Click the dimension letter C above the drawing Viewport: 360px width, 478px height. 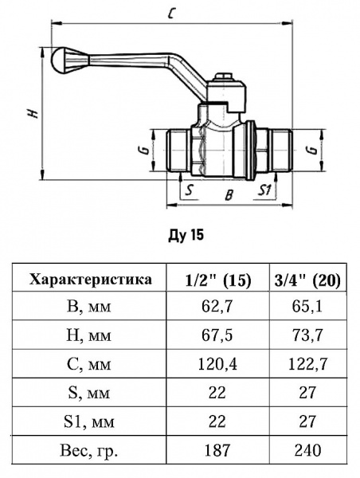pos(173,12)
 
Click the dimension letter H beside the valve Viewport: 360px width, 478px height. pos(33,112)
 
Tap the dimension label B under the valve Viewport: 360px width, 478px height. pos(228,193)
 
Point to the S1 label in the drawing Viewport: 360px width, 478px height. pos(267,190)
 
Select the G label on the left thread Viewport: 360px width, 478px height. pos(140,150)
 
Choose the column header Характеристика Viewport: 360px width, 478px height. pos(90,280)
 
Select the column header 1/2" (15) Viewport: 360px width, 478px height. pos(218,280)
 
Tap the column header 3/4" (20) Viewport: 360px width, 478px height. pos(307,280)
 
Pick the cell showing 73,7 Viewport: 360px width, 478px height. pos(307,335)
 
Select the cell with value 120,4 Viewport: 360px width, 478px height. pos(218,364)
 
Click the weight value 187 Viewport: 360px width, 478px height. pos(218,451)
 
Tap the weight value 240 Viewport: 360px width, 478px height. pos(307,451)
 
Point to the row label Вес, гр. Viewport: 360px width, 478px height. pos(90,451)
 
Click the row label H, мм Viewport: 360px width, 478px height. pos(90,335)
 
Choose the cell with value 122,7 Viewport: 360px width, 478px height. pos(307,364)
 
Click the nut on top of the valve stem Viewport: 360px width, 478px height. pos(225,80)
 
